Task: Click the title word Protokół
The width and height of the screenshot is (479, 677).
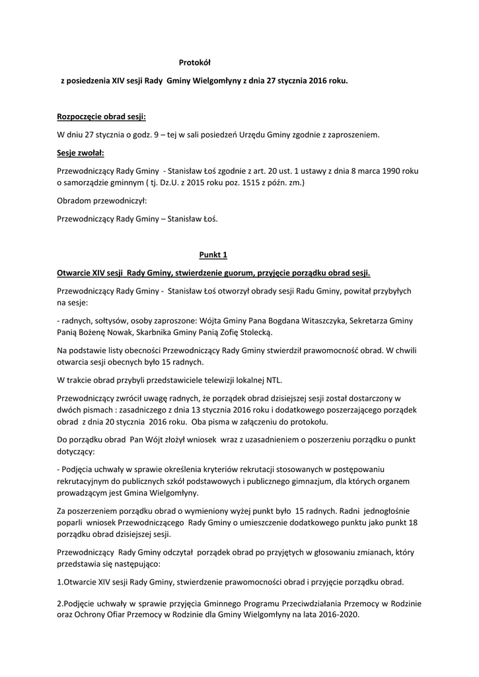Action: point(194,63)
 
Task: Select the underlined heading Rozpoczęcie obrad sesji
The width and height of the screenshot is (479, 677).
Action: point(102,116)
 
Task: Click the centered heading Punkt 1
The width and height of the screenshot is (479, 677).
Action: point(213,255)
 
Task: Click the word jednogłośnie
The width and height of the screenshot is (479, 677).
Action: point(387,511)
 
